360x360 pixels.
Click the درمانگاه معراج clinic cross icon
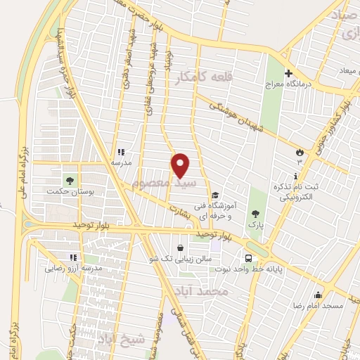(x=288, y=74)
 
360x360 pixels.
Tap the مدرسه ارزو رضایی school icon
(x=72, y=257)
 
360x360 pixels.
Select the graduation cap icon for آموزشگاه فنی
(x=214, y=196)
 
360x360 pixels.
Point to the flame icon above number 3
(x=300, y=150)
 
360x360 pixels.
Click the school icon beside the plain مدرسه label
(x=120, y=150)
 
